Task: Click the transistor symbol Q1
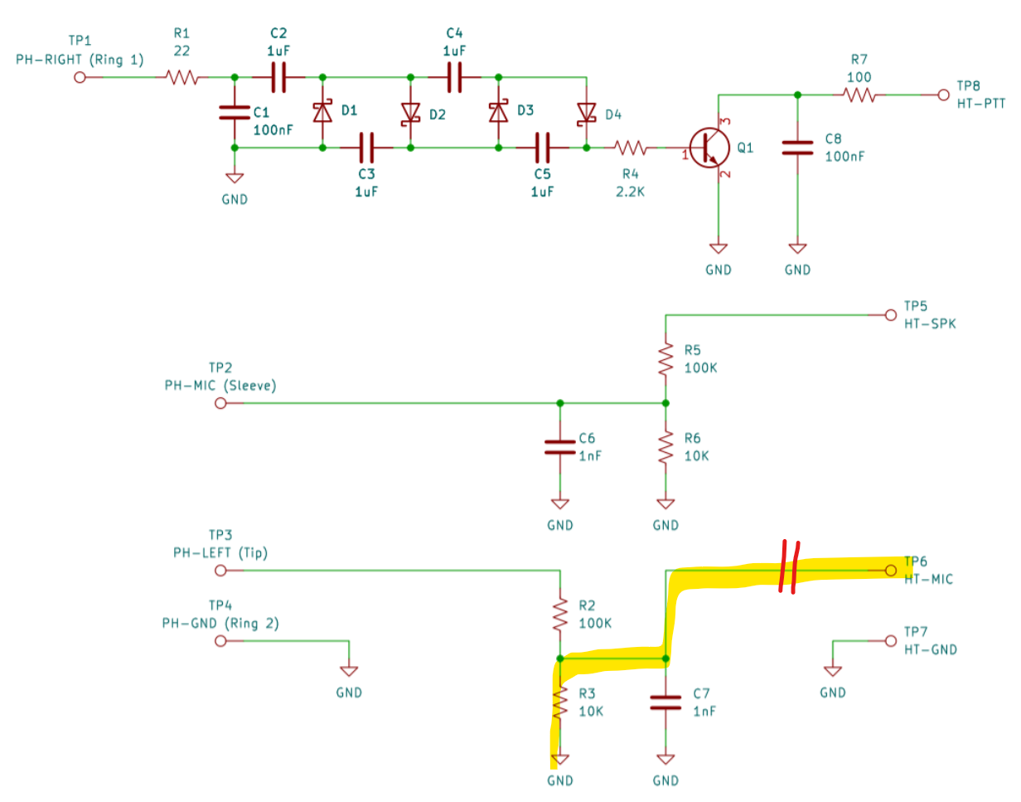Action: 709,148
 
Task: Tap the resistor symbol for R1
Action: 181,77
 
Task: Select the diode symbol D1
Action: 322,112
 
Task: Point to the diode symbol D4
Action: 586,114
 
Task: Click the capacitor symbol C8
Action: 797,148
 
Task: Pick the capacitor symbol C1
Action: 235,112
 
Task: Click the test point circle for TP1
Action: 80,77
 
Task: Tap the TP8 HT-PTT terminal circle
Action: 943,95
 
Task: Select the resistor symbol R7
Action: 859,95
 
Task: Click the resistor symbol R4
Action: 630,148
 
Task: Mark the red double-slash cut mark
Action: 789,566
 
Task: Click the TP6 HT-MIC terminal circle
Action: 890,571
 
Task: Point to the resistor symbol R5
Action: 665,359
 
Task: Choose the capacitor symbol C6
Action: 559,447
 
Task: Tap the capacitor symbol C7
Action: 665,702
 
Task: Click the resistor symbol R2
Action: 559,615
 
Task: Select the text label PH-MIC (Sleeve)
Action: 220,386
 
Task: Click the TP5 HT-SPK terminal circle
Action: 890,315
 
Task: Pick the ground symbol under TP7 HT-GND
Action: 833,671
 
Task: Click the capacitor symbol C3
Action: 366,148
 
